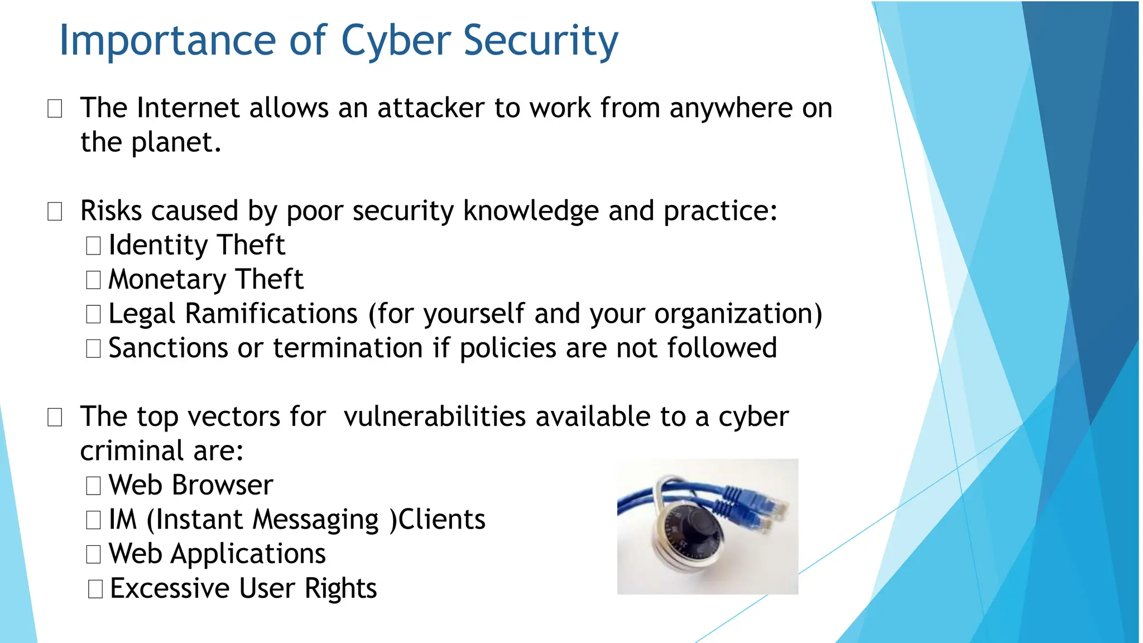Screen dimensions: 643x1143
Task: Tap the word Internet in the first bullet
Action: tap(188, 108)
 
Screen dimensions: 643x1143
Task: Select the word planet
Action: tap(176, 143)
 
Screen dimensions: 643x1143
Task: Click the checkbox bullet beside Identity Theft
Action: tap(93, 246)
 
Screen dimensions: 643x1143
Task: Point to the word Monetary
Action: tap(167, 280)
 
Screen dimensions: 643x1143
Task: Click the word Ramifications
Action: tap(271, 314)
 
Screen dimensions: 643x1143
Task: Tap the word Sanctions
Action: tap(168, 348)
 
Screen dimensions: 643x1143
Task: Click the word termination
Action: tap(348, 348)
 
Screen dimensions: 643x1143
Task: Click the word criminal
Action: tap(132, 451)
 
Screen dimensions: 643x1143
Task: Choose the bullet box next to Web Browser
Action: tap(93, 486)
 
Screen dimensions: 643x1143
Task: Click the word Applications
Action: tap(248, 554)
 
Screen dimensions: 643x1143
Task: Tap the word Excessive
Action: tap(170, 588)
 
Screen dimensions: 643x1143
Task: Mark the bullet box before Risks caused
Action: tap(55, 212)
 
